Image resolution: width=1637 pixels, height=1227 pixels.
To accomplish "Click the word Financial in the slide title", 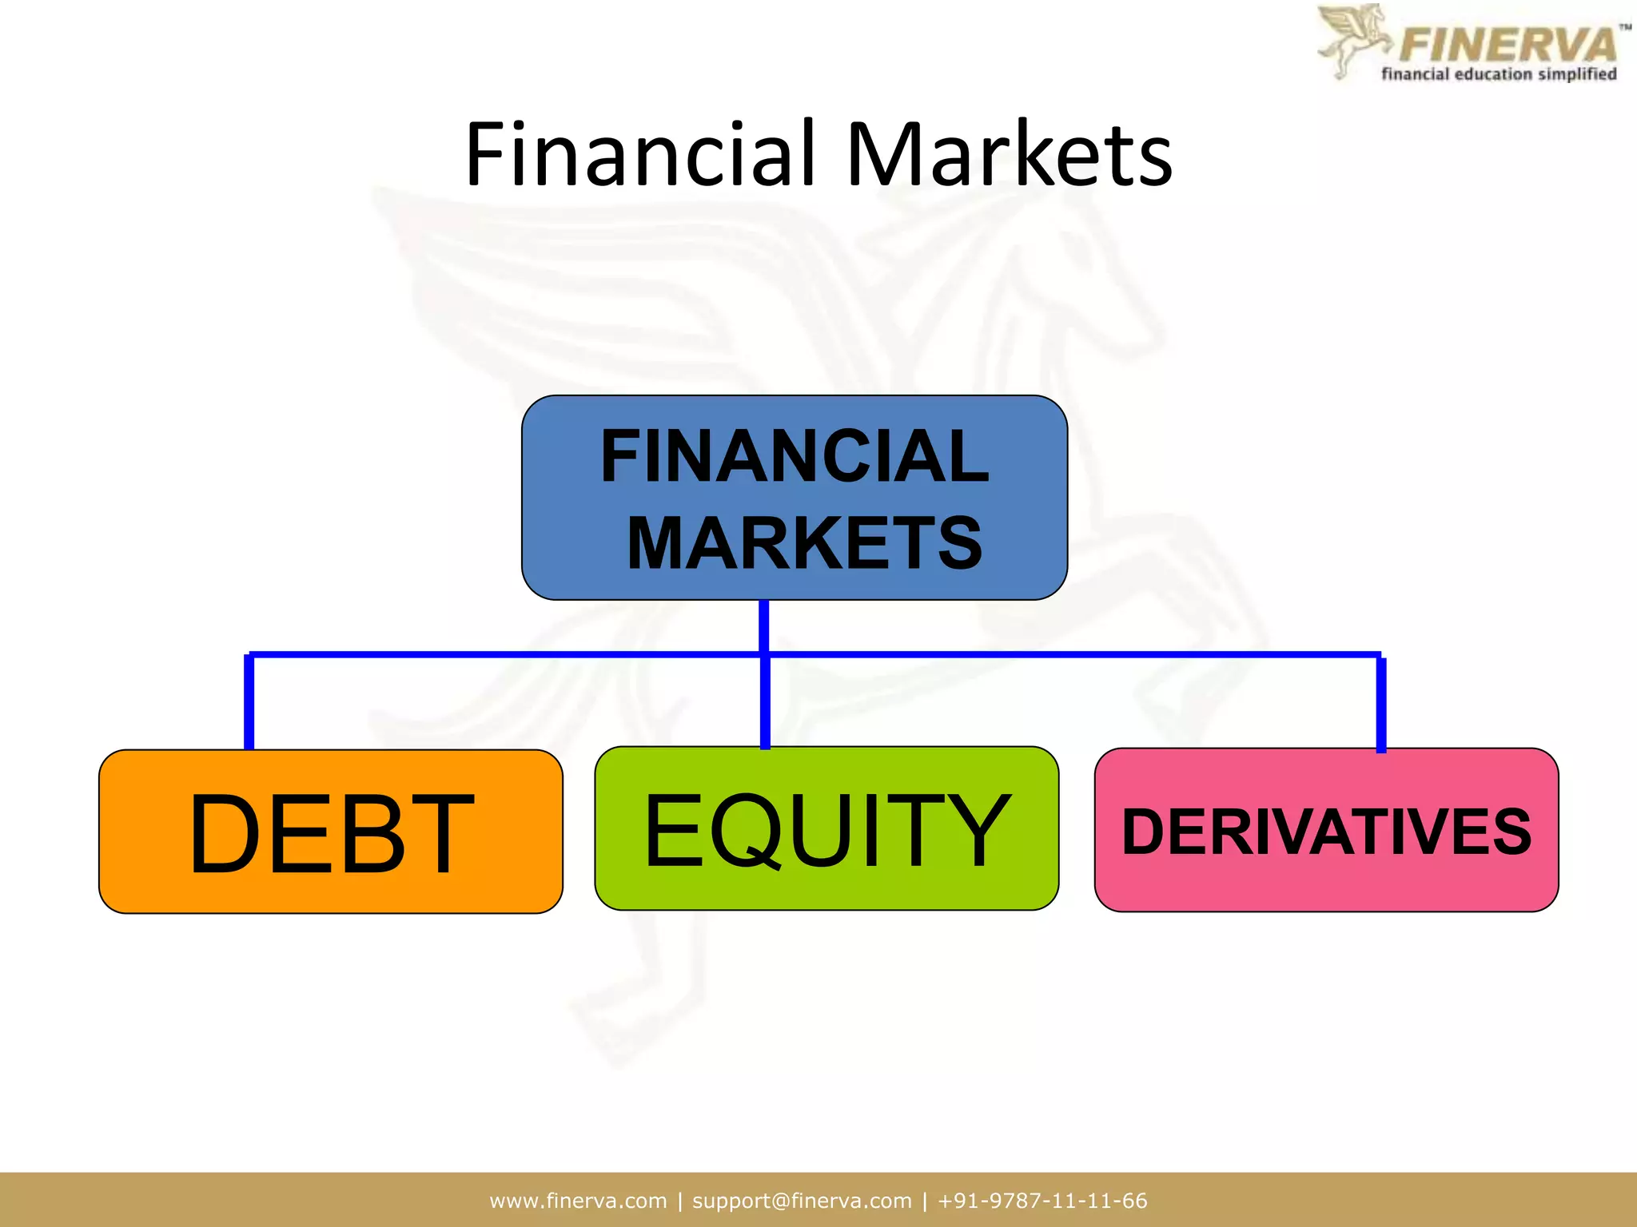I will click(x=639, y=153).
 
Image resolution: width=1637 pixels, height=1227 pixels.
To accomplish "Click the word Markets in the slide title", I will click(x=1009, y=153).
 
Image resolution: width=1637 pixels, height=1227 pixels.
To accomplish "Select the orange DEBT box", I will click(x=330, y=831).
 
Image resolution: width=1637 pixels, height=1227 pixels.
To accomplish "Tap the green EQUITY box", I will click(x=826, y=828).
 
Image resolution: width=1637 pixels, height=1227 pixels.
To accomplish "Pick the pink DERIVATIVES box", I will click(x=1326, y=830).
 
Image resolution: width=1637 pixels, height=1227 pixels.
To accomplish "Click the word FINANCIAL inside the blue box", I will click(x=795, y=456).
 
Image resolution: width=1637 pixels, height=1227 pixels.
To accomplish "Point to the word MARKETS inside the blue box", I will click(x=804, y=543).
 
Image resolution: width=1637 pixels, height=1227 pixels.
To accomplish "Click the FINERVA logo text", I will click(x=1508, y=44).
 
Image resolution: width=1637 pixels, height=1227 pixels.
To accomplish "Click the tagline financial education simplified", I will click(x=1499, y=74).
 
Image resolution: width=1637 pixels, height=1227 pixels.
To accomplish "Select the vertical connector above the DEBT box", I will click(x=249, y=701).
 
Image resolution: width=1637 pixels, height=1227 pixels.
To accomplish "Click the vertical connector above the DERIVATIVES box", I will click(x=1380, y=703).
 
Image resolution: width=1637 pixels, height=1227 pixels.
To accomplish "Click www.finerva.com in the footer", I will click(x=578, y=1201).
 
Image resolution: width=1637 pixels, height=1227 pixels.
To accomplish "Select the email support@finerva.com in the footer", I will click(x=802, y=1201).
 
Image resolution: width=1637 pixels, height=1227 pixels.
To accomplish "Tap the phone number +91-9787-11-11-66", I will click(x=1042, y=1201).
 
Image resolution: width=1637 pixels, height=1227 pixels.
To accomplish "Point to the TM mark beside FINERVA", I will click(x=1625, y=27).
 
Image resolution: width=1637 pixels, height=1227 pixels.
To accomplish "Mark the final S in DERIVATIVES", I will click(x=1508, y=832).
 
